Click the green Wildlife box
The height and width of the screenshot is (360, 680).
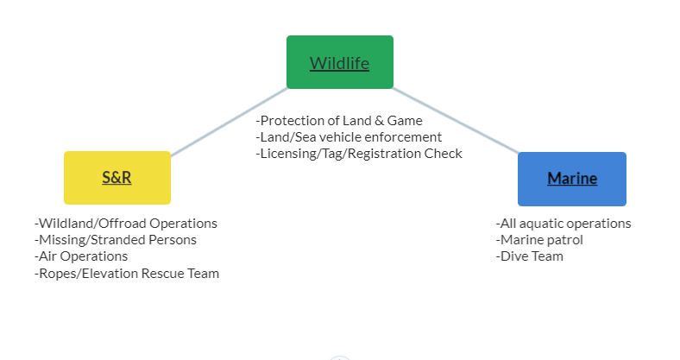(339, 62)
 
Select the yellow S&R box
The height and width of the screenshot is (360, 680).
(116, 178)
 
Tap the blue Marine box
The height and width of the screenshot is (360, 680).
(571, 179)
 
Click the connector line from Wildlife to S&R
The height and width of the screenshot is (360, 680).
(229, 122)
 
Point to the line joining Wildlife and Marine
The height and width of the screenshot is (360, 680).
(456, 120)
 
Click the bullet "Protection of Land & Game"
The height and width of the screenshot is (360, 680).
(338, 121)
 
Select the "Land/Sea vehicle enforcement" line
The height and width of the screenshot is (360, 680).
(349, 137)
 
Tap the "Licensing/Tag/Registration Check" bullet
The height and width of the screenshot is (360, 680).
(359, 154)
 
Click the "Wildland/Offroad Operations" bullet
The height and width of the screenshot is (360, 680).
(126, 224)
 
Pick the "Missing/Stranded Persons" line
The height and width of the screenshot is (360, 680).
(116, 240)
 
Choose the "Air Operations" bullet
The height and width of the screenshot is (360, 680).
(81, 256)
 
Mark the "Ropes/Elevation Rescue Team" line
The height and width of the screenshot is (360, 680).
(127, 274)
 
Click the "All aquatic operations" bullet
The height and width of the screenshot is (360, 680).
(564, 224)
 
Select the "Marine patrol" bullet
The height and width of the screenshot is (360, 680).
(539, 240)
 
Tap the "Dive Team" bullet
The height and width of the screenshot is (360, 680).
(530, 256)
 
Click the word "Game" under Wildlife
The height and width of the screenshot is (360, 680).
(405, 121)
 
